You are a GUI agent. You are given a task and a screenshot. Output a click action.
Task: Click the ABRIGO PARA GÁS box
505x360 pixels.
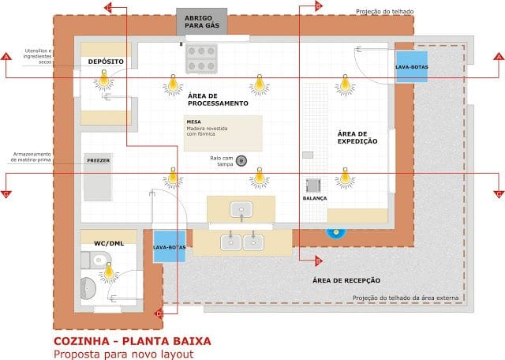(201, 21)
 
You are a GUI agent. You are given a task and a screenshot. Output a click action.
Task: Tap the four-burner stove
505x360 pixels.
(200, 58)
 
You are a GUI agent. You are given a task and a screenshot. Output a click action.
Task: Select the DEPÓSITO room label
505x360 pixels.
(104, 60)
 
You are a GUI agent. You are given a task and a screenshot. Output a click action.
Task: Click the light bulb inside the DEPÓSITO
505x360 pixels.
(103, 79)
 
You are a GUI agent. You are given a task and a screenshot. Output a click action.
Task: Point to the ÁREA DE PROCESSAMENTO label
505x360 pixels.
(218, 99)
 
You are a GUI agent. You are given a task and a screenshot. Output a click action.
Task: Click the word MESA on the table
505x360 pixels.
(194, 122)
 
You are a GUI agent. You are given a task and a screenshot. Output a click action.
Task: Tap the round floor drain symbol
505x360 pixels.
(241, 161)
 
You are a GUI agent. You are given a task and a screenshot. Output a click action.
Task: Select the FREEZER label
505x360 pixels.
(99, 160)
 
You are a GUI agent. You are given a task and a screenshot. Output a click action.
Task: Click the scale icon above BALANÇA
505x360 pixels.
(313, 186)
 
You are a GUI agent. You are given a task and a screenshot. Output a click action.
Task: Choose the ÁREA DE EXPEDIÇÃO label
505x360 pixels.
(357, 137)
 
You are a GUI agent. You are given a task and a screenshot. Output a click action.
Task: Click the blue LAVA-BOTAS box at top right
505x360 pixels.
(411, 67)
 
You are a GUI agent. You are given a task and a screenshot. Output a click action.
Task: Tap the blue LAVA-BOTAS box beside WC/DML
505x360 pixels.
(169, 246)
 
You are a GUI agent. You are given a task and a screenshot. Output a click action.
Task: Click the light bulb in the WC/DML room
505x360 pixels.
(109, 271)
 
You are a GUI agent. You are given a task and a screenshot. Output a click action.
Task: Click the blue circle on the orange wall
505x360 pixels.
(337, 231)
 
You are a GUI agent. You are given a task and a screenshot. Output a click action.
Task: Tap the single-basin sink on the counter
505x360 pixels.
(241, 209)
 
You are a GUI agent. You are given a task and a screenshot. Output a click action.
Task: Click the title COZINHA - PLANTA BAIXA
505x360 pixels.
(132, 341)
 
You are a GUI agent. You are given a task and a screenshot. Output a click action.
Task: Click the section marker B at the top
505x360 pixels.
(318, 6)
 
